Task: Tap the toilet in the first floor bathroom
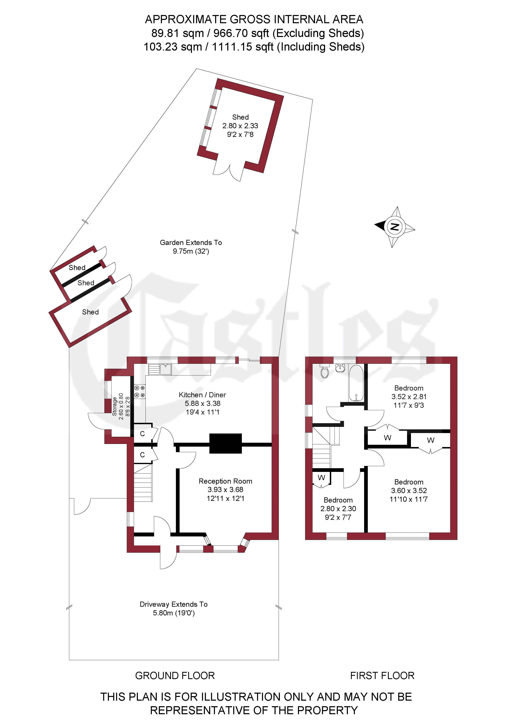[324, 371]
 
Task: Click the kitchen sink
[160, 369]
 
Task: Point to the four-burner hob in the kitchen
[140, 392]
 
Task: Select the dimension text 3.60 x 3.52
[409, 491]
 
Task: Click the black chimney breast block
[225, 443]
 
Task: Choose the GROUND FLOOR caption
[175, 675]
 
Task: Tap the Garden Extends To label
[191, 243]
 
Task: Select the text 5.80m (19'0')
[174, 613]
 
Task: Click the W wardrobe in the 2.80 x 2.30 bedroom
[321, 478]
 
